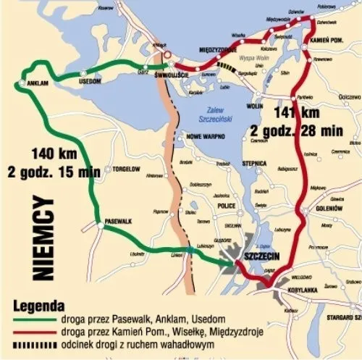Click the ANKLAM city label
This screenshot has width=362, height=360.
(x=36, y=83)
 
